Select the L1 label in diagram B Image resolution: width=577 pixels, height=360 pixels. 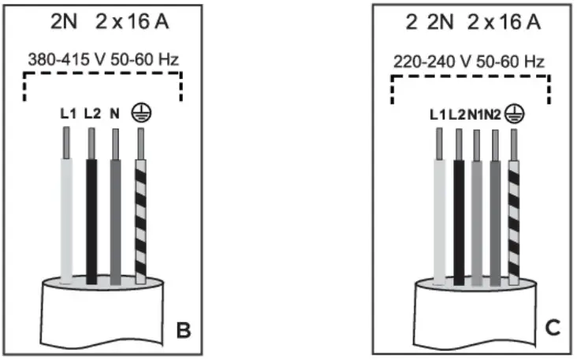pyautogui.click(x=69, y=113)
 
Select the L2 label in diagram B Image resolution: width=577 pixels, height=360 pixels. pyautogui.click(x=91, y=113)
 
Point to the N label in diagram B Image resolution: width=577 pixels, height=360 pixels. pyautogui.click(x=114, y=113)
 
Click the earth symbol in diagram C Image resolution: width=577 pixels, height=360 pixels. pyautogui.click(x=515, y=113)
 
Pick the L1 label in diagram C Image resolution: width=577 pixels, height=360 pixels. pyautogui.click(x=438, y=113)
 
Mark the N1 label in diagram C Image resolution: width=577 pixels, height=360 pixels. pyautogui.click(x=475, y=113)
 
